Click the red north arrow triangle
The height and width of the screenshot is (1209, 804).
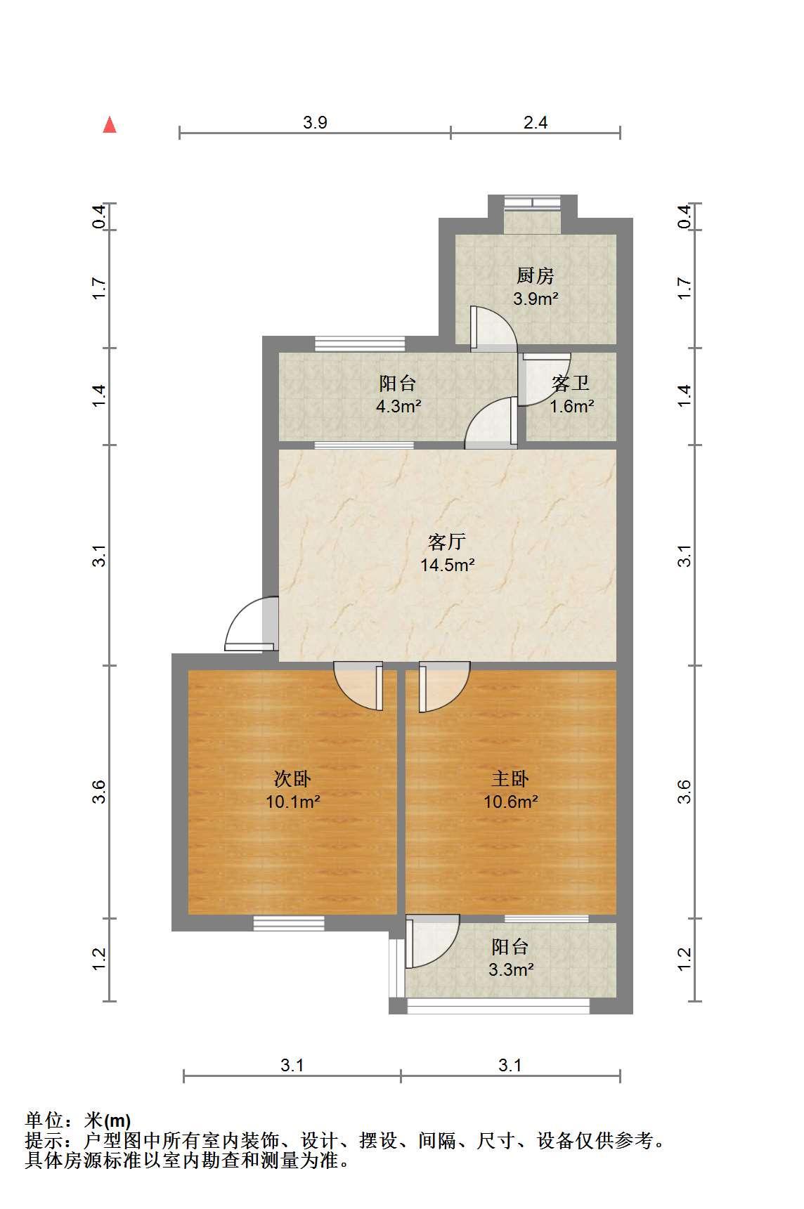point(110,124)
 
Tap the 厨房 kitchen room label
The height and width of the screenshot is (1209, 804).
point(536,275)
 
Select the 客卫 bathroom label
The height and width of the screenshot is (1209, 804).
point(571,384)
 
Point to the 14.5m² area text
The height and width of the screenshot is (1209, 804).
point(448,565)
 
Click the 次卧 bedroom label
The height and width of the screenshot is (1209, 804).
point(292,778)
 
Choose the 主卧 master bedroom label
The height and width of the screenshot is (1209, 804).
point(510,778)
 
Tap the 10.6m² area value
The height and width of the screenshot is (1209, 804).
point(511,802)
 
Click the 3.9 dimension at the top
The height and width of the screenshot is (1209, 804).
point(315,122)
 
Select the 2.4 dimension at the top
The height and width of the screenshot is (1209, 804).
point(536,122)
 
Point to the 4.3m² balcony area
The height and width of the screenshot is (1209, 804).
point(398,406)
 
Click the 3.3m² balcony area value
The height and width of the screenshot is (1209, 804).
point(511,970)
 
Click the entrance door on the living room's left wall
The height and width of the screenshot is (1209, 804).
point(252,624)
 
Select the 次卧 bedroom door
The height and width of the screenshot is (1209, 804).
point(358,686)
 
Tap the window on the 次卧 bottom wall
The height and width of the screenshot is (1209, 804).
point(289,923)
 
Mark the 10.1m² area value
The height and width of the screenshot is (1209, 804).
point(293,802)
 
